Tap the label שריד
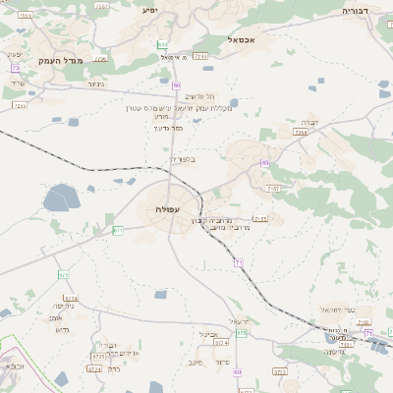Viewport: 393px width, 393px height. pyautogui.click(x=17, y=83)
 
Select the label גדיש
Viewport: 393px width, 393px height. pyautogui.click(x=61, y=329)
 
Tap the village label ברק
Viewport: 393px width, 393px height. pyautogui.click(x=114, y=369)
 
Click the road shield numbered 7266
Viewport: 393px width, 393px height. pyautogui.click(x=301, y=131)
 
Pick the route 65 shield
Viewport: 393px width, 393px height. pyautogui.click(x=264, y=162)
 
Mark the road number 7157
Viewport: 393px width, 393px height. pyautogui.click(x=274, y=188)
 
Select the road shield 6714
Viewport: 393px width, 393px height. pyautogui.click(x=70, y=298)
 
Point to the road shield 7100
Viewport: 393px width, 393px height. pyautogui.click(x=199, y=58)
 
